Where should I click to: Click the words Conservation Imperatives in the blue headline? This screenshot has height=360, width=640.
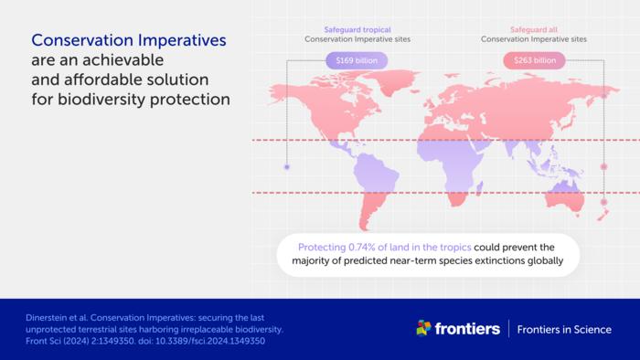pos(129,41)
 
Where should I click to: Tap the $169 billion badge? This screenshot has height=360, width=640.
pos(357,61)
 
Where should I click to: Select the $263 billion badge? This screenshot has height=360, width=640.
pos(534,61)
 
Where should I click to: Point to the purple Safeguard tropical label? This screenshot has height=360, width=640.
pos(357,28)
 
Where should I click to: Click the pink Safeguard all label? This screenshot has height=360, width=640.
pos(534,28)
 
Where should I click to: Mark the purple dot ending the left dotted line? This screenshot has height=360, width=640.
pos(287,167)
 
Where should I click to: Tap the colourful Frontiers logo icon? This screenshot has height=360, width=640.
pos(423,328)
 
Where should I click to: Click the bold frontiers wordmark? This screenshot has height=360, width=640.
pos(466,329)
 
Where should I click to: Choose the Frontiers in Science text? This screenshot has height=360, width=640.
pos(564,329)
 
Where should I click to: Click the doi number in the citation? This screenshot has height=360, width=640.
pos(208,341)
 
